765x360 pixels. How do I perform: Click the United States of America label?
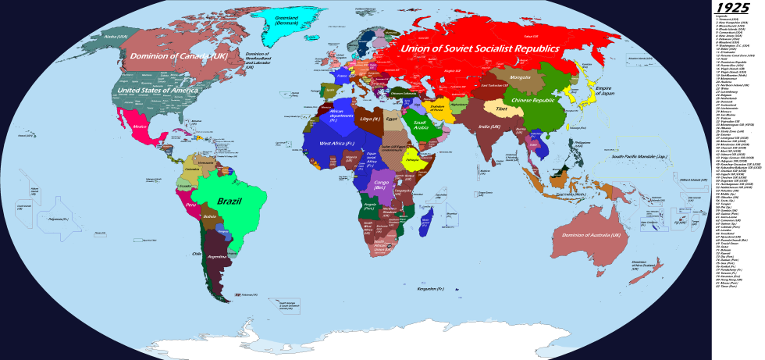tap(157, 91)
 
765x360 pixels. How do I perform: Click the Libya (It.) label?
tap(370, 119)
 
